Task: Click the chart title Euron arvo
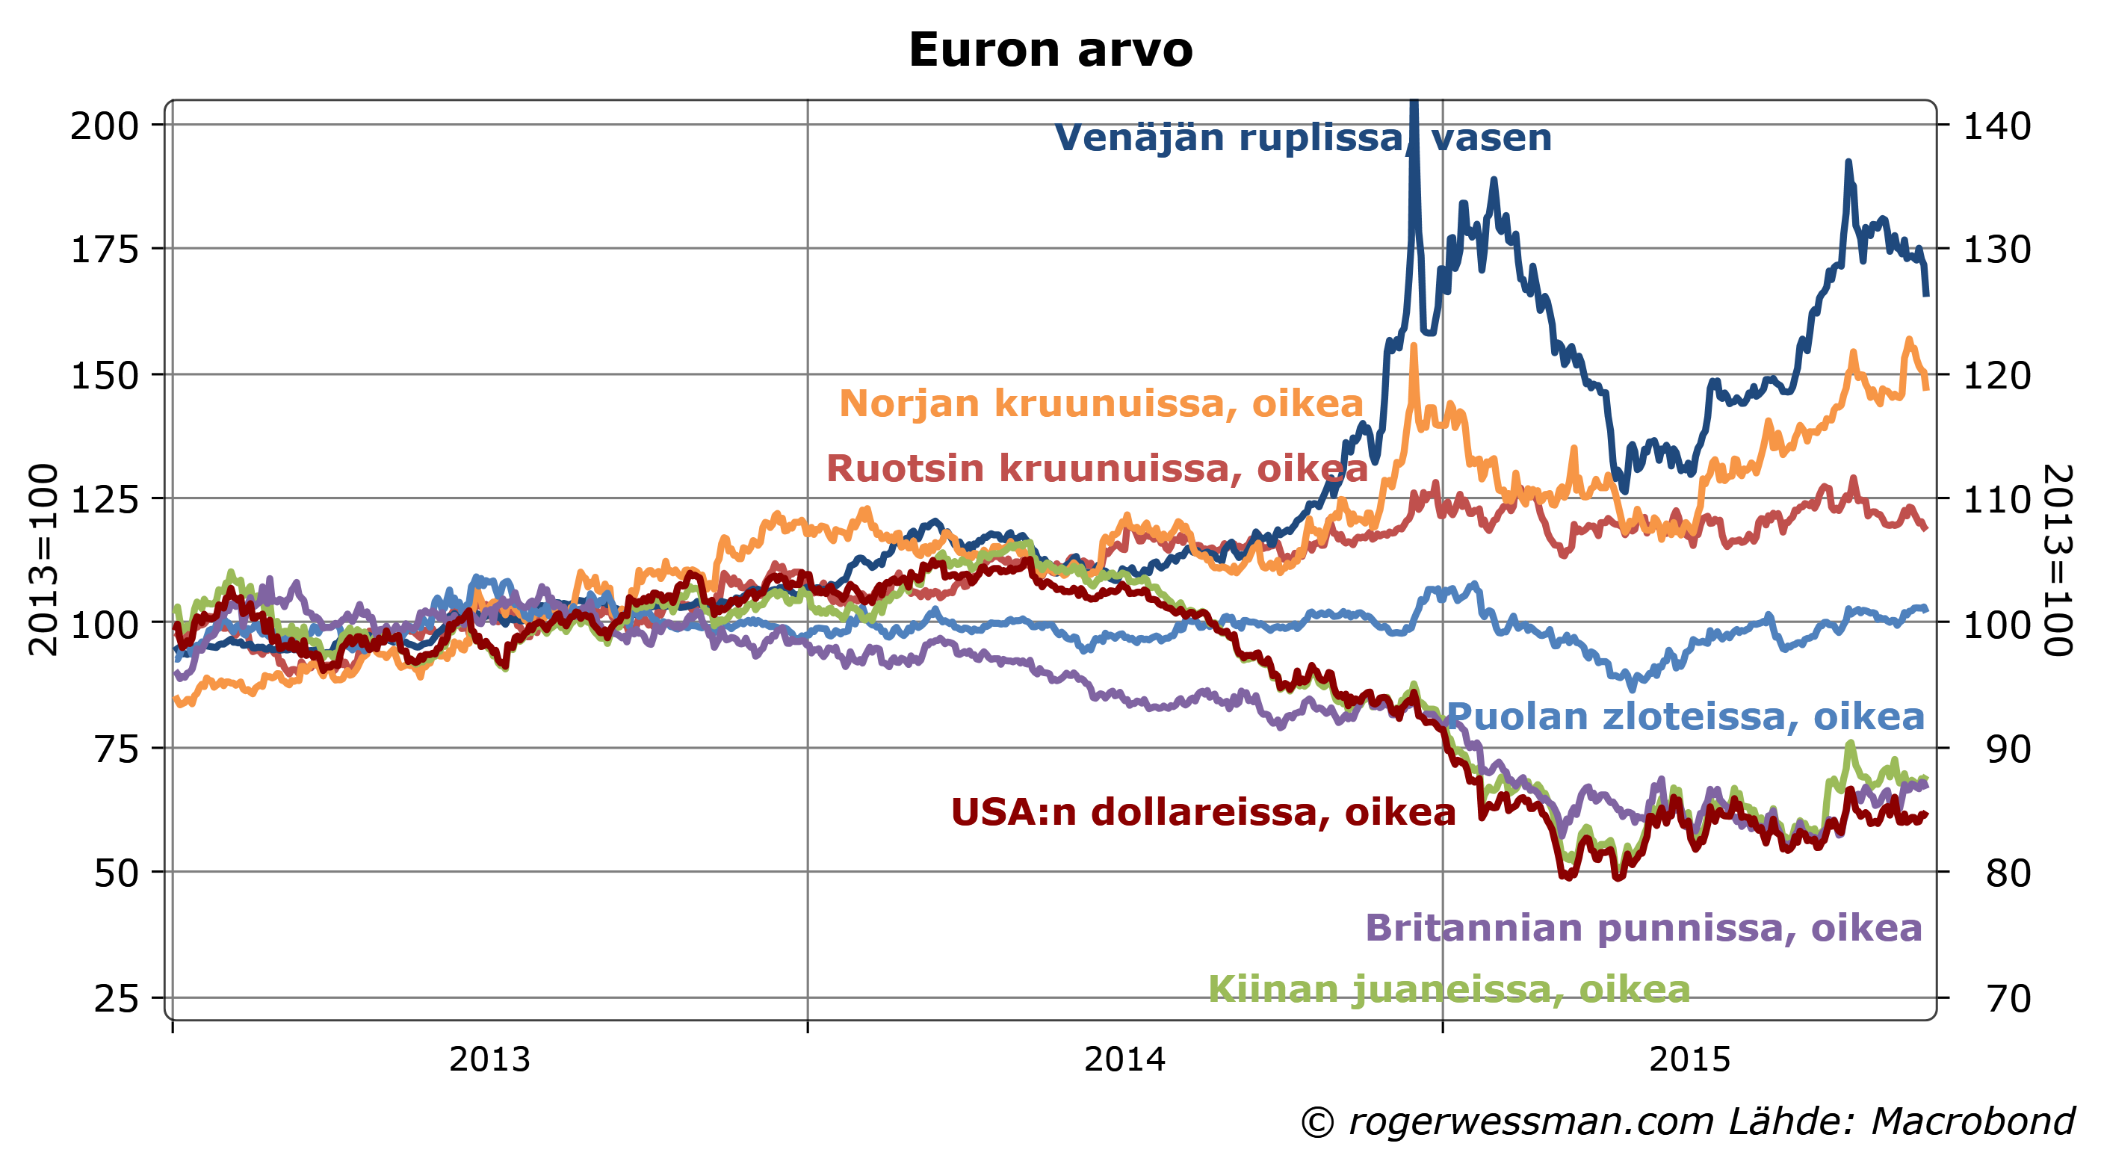(x=1050, y=51)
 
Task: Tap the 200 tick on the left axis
(x=105, y=126)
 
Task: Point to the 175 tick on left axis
(x=105, y=250)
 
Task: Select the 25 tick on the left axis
(x=116, y=998)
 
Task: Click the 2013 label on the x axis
(x=489, y=1060)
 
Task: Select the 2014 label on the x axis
(x=1124, y=1060)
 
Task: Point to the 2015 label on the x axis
(x=1690, y=1060)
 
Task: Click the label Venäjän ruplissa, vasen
(x=1302, y=137)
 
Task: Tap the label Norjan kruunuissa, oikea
(x=1101, y=403)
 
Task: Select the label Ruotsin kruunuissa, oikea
(x=1097, y=469)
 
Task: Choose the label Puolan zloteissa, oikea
(x=1685, y=716)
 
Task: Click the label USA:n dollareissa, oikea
(x=1203, y=812)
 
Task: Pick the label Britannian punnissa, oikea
(x=1644, y=928)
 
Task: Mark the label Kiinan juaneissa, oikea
(x=1449, y=989)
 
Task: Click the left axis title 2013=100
(x=43, y=560)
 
